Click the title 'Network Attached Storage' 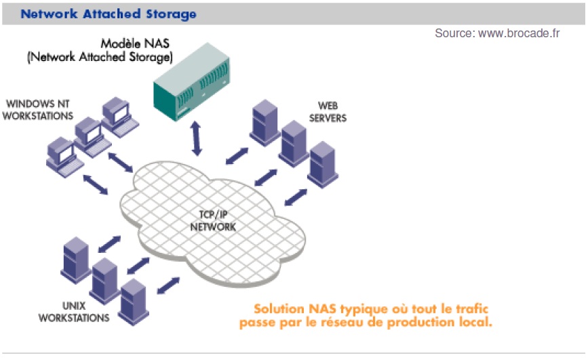pos(109,13)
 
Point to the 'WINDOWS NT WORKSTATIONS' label pos(39,110)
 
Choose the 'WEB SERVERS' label pos(332,112)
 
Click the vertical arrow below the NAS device pos(197,138)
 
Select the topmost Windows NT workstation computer pos(117,113)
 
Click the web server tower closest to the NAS pos(264,123)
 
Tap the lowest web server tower pos(323,163)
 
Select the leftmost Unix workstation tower pos(76,258)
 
